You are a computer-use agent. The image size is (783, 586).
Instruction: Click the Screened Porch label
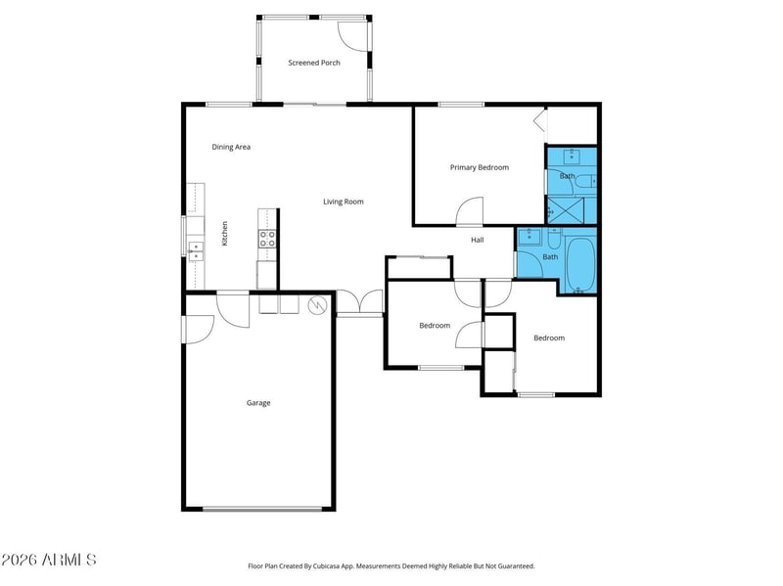click(x=313, y=63)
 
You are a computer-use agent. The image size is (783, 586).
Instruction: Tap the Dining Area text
click(x=232, y=147)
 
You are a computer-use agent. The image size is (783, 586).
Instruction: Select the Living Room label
click(x=344, y=202)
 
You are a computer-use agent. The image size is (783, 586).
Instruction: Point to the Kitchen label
click(x=224, y=233)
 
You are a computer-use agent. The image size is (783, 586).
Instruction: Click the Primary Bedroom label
click(x=479, y=167)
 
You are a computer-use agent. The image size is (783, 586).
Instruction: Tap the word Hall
click(x=478, y=240)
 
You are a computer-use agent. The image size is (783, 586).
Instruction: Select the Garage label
click(x=258, y=403)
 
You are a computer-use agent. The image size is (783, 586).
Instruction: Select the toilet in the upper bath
click(x=583, y=181)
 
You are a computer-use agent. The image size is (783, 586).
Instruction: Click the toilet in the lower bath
click(x=554, y=240)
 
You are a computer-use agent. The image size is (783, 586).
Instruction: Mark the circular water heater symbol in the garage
click(x=316, y=305)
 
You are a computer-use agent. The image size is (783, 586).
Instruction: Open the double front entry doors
click(x=360, y=303)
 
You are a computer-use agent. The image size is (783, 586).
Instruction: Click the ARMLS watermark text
click(x=48, y=561)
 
